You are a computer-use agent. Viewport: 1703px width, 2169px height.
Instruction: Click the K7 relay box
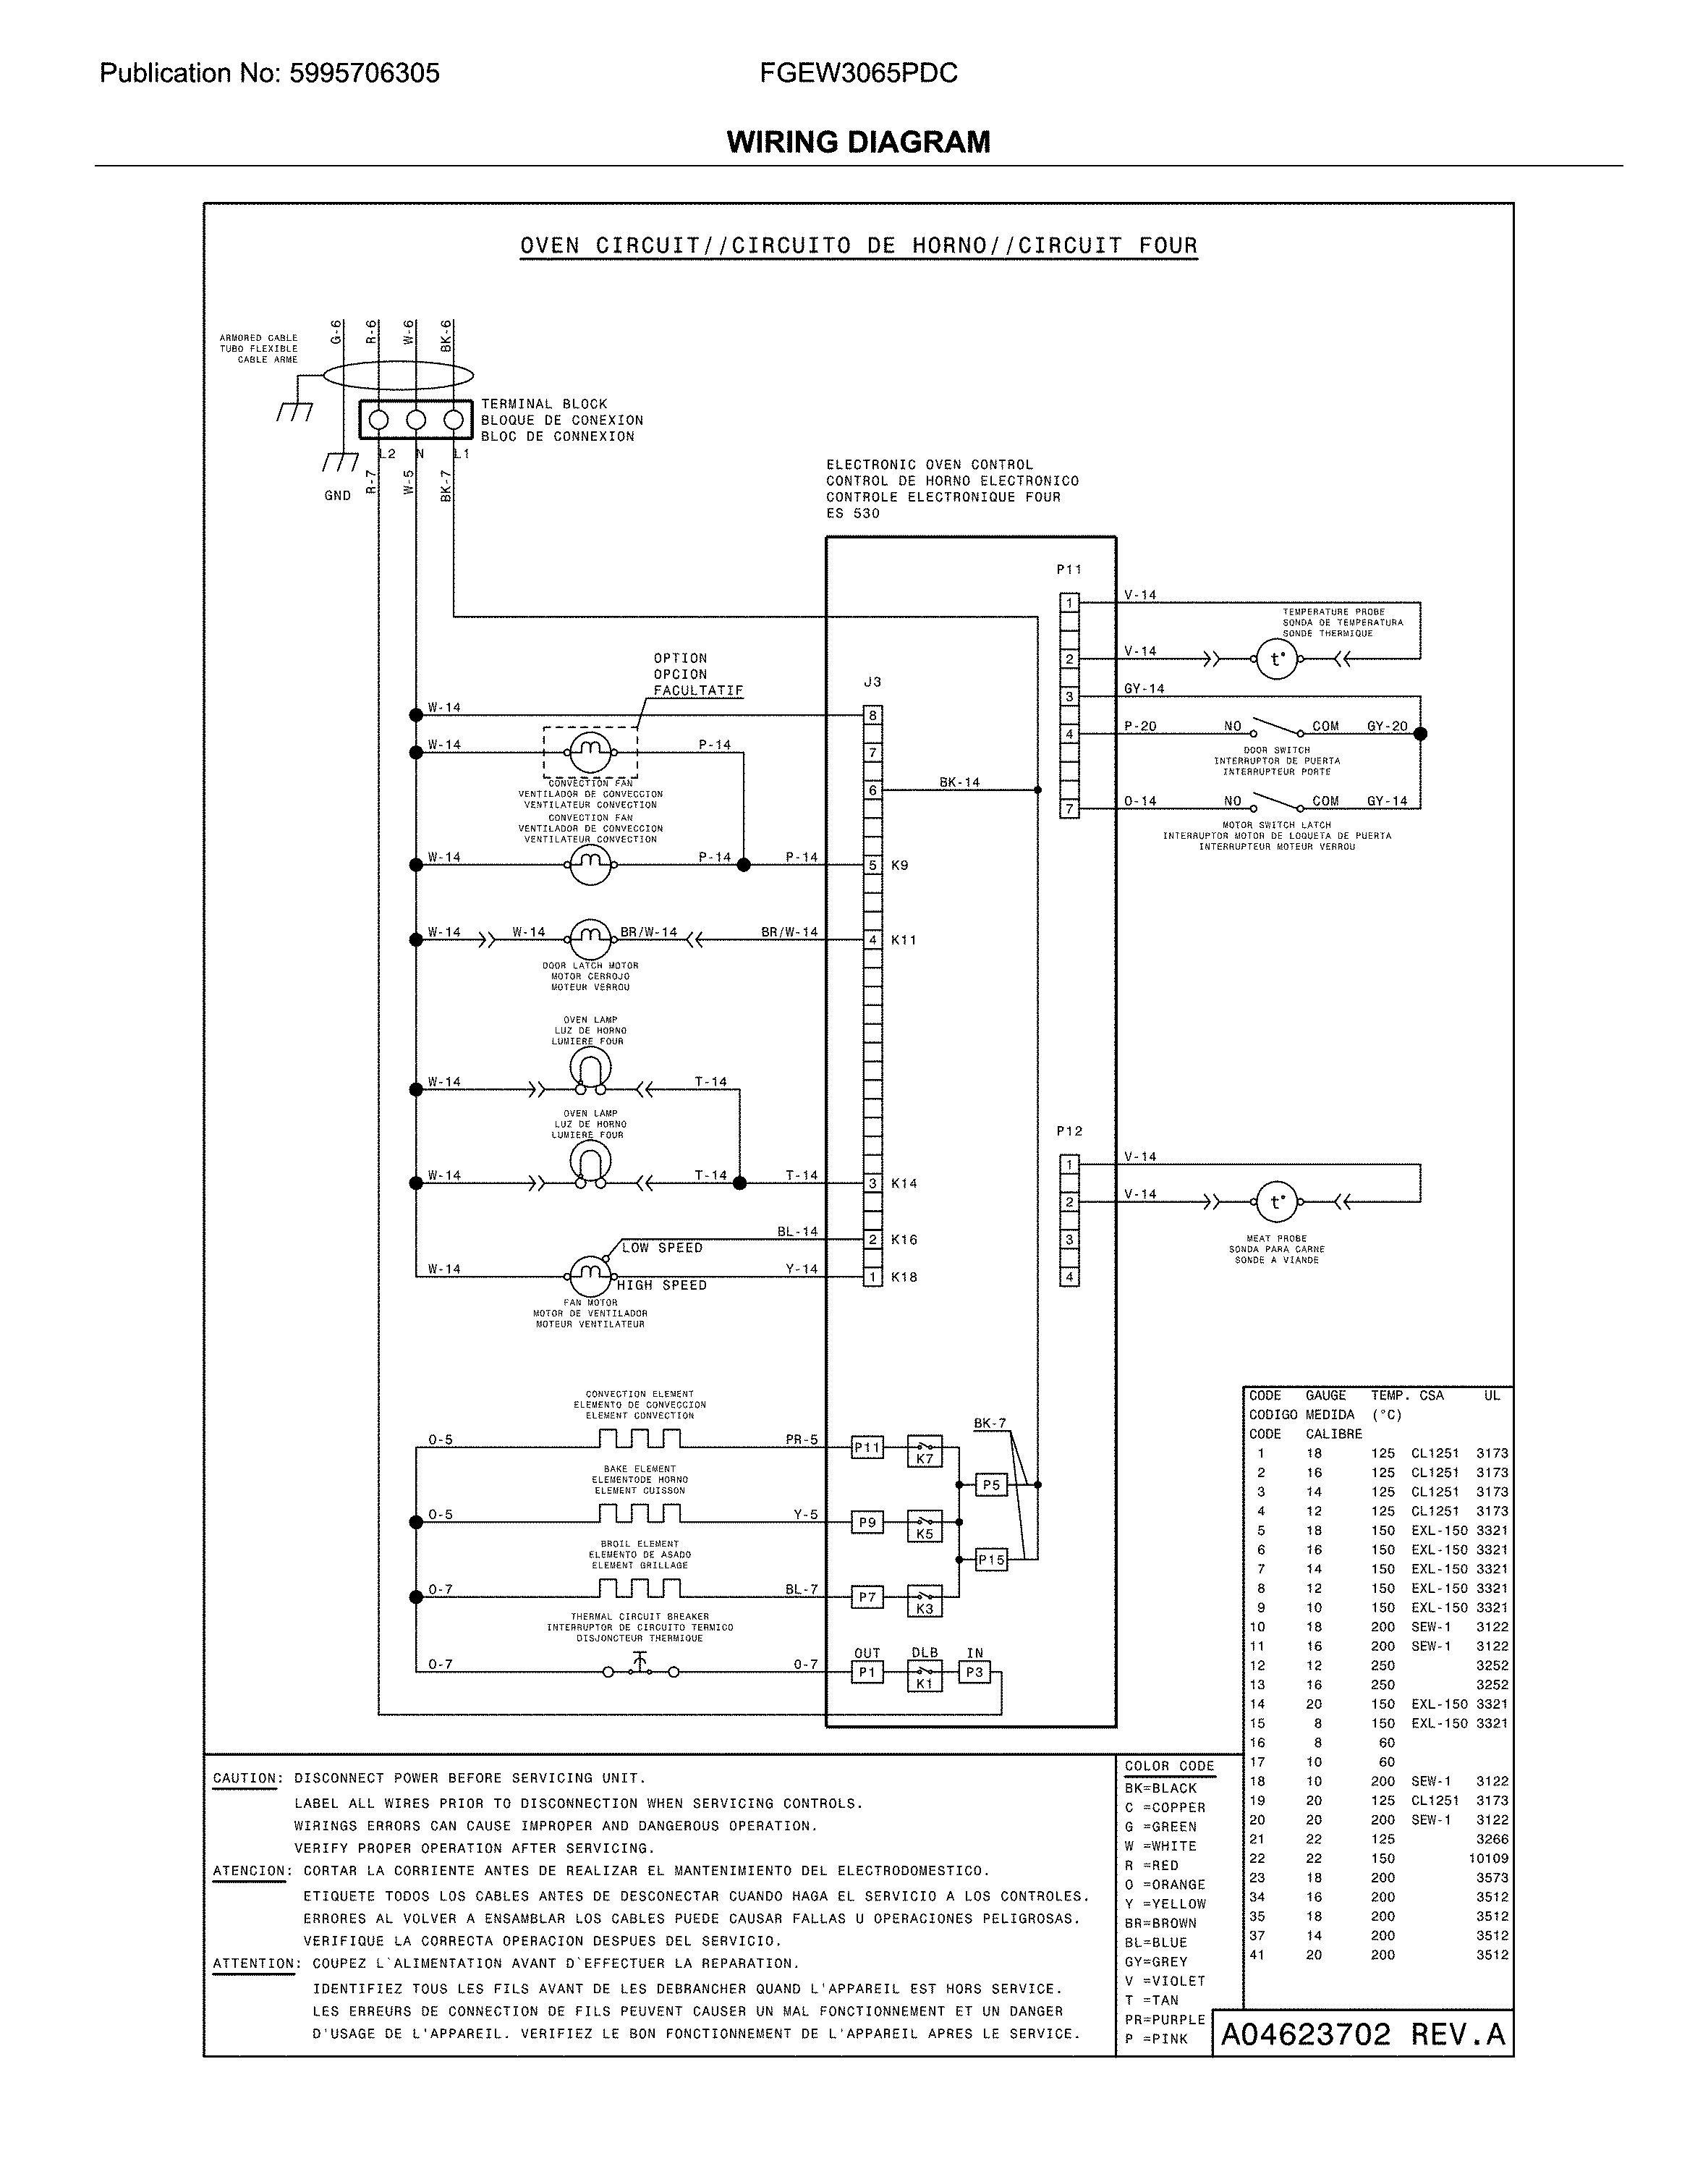click(x=925, y=1451)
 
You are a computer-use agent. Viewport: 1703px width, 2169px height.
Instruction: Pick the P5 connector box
click(x=990, y=1485)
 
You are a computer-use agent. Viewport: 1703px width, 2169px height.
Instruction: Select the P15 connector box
click(x=991, y=1560)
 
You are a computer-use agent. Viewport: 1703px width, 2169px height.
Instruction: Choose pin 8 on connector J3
click(x=872, y=715)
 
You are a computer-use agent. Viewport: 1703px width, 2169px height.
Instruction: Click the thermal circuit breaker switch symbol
click(x=639, y=1665)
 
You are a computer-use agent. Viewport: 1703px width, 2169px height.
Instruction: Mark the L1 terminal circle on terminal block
click(x=454, y=420)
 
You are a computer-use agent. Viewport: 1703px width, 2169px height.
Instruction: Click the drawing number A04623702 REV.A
click(x=1362, y=2034)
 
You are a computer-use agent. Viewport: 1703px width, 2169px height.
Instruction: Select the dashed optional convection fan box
click(x=590, y=752)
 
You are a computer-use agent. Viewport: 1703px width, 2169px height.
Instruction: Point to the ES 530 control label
click(x=852, y=514)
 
